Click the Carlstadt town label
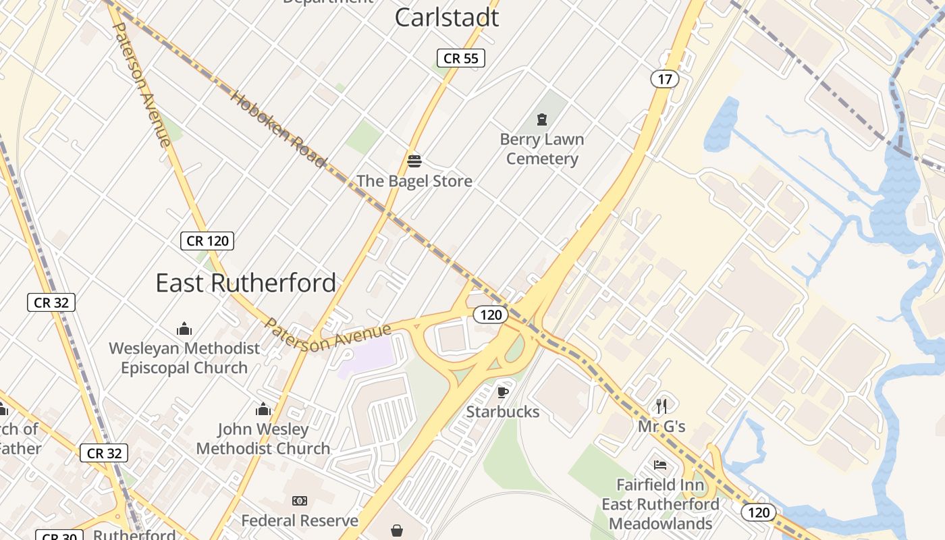pyautogui.click(x=446, y=18)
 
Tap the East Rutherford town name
pyautogui.click(x=246, y=283)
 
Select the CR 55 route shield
pyautogui.click(x=461, y=59)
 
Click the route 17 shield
pyautogui.click(x=664, y=79)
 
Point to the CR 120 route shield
pyautogui.click(x=207, y=241)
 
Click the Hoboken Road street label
pyautogui.click(x=278, y=128)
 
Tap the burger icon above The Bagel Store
pyautogui.click(x=414, y=161)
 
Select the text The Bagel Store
pyautogui.click(x=414, y=181)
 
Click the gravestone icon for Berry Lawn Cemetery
pyautogui.click(x=541, y=119)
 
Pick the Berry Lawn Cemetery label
pyautogui.click(x=542, y=149)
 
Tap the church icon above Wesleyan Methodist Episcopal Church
pyautogui.click(x=184, y=329)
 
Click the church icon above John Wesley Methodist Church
pyautogui.click(x=263, y=409)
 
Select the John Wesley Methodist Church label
pyautogui.click(x=263, y=439)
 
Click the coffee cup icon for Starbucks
pyautogui.click(x=502, y=392)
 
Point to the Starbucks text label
pyautogui.click(x=503, y=412)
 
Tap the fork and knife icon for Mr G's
pyautogui.click(x=661, y=406)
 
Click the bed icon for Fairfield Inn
pyautogui.click(x=660, y=465)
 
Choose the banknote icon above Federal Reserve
pyautogui.click(x=300, y=501)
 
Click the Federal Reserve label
pyautogui.click(x=300, y=520)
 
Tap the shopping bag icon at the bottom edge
pyautogui.click(x=398, y=531)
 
